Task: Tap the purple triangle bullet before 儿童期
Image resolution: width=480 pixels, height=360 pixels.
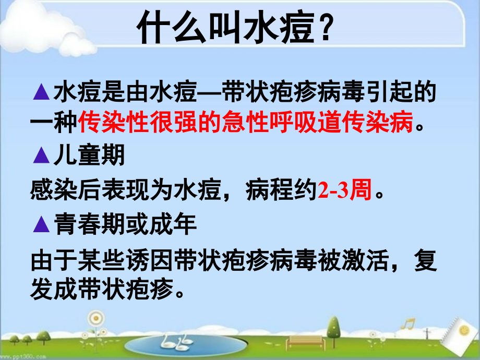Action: click(x=41, y=154)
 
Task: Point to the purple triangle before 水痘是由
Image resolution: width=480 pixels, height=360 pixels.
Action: click(x=41, y=94)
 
